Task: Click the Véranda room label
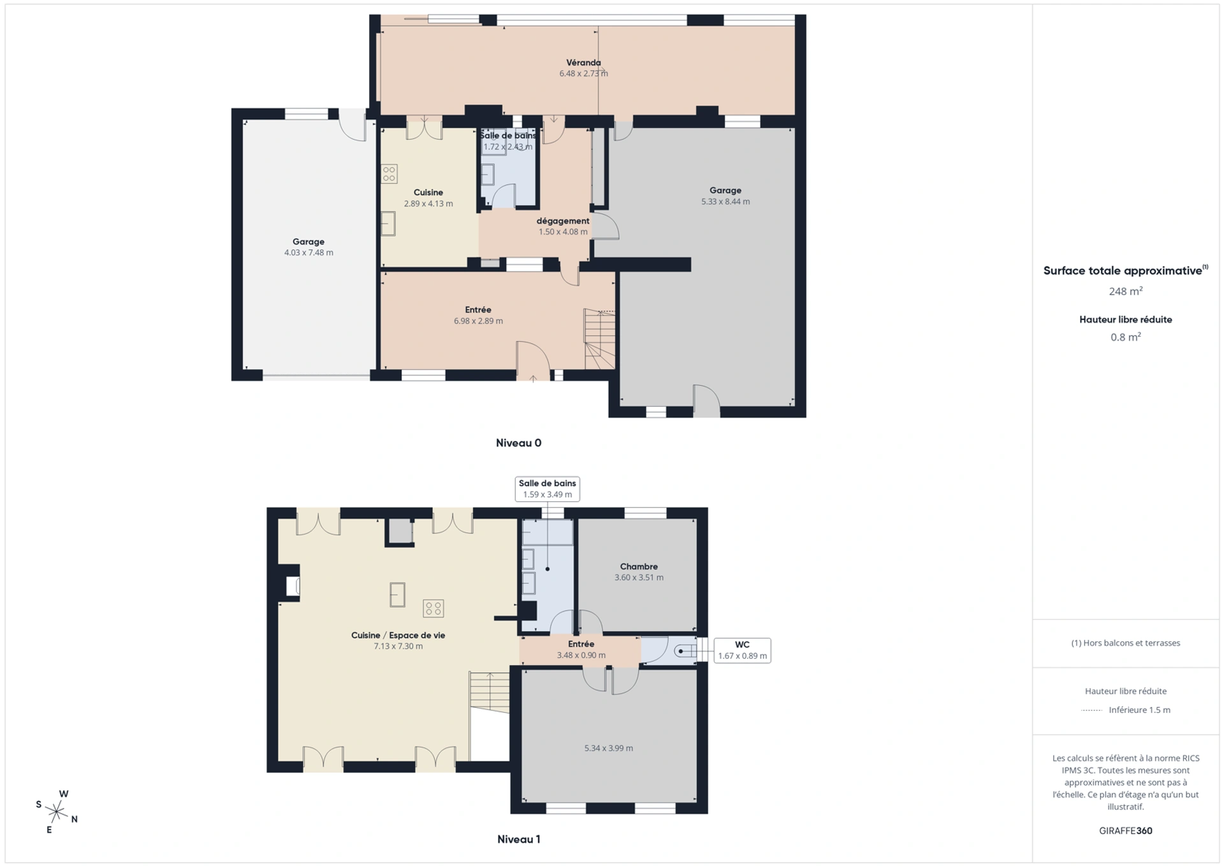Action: (x=583, y=62)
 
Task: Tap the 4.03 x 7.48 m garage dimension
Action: (x=309, y=253)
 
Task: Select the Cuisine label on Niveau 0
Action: (x=428, y=193)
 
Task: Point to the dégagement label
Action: (x=563, y=221)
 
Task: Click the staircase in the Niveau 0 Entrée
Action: (x=600, y=339)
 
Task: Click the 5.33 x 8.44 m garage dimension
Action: (x=725, y=202)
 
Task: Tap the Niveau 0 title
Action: (x=518, y=443)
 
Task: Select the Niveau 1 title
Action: (x=518, y=839)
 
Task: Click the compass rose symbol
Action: (x=57, y=812)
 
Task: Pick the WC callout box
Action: (x=742, y=650)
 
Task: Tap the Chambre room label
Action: (x=639, y=566)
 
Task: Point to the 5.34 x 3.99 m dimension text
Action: (x=609, y=748)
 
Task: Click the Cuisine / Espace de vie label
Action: (x=398, y=635)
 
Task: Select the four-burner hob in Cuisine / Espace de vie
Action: (x=433, y=608)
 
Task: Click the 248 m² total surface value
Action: (x=1125, y=291)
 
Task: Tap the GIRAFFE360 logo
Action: (x=1125, y=830)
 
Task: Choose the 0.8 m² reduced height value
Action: (x=1125, y=337)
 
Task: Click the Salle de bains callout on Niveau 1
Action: (x=547, y=488)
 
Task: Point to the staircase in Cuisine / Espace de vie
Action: (x=490, y=693)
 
